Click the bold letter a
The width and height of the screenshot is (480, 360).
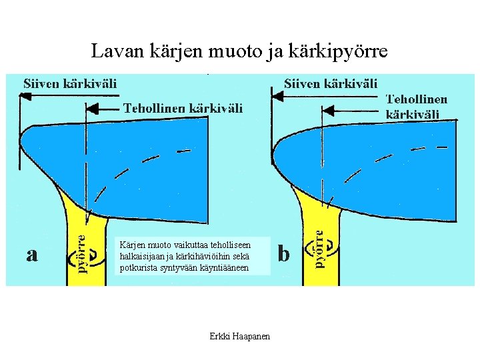[x=31, y=254]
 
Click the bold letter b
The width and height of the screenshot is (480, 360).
[x=284, y=254]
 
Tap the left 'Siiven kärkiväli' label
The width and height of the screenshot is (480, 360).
[x=71, y=83]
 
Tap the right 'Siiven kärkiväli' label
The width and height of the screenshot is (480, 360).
[x=331, y=83]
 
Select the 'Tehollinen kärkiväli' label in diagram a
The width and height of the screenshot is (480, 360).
[x=182, y=107]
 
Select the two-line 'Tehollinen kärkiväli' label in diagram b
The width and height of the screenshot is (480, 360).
[x=417, y=106]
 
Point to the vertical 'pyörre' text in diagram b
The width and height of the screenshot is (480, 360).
[x=319, y=249]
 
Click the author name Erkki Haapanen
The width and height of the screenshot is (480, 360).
[x=240, y=337]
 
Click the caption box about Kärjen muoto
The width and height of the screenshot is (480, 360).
[x=193, y=256]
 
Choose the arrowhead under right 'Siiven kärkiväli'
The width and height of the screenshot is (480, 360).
[x=275, y=96]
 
